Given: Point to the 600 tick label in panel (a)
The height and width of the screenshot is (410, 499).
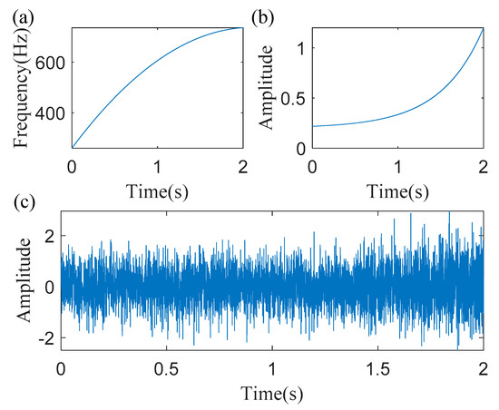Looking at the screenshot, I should click(x=51, y=63).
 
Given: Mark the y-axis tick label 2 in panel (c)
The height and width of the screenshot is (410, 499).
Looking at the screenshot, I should click(x=48, y=238).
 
